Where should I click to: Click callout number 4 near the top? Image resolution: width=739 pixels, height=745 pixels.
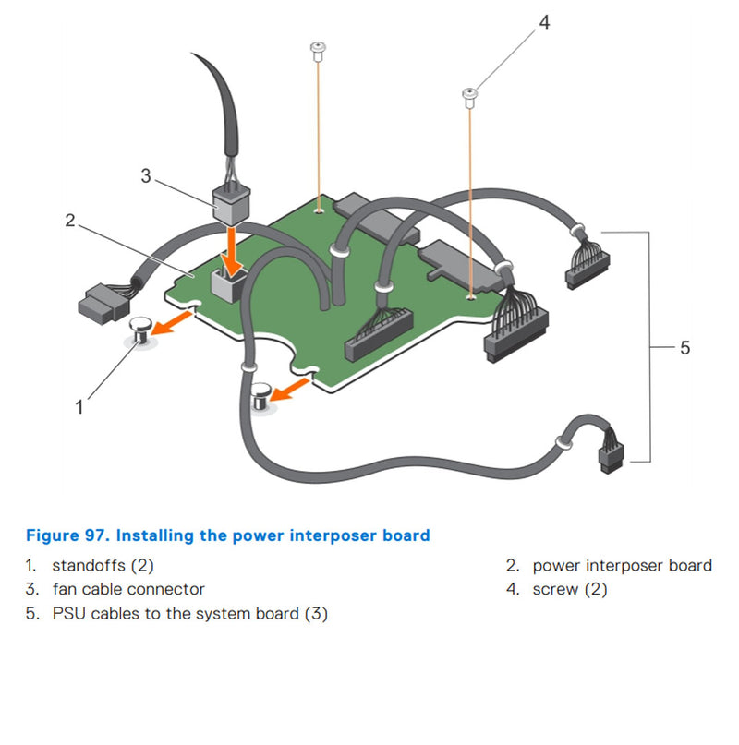pyautogui.click(x=544, y=22)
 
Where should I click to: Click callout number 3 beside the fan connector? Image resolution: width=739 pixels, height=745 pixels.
pyautogui.click(x=145, y=175)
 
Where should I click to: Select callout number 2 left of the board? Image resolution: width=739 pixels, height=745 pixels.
pyautogui.click(x=69, y=220)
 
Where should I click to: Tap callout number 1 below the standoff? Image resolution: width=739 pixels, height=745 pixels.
pyautogui.click(x=79, y=405)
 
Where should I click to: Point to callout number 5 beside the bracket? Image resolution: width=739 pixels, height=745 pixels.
pyautogui.click(x=684, y=347)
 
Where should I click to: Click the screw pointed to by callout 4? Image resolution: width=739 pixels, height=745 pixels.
pyautogui.click(x=470, y=96)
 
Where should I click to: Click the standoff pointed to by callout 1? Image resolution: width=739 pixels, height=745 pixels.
pyautogui.click(x=141, y=330)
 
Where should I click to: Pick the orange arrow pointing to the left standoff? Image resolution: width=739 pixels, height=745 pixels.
pyautogui.click(x=174, y=320)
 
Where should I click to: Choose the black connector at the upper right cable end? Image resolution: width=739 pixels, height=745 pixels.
pyautogui.click(x=583, y=269)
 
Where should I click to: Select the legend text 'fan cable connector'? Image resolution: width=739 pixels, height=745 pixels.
pyautogui.click(x=128, y=589)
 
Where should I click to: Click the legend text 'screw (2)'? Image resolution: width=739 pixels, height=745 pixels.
pyautogui.click(x=570, y=589)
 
